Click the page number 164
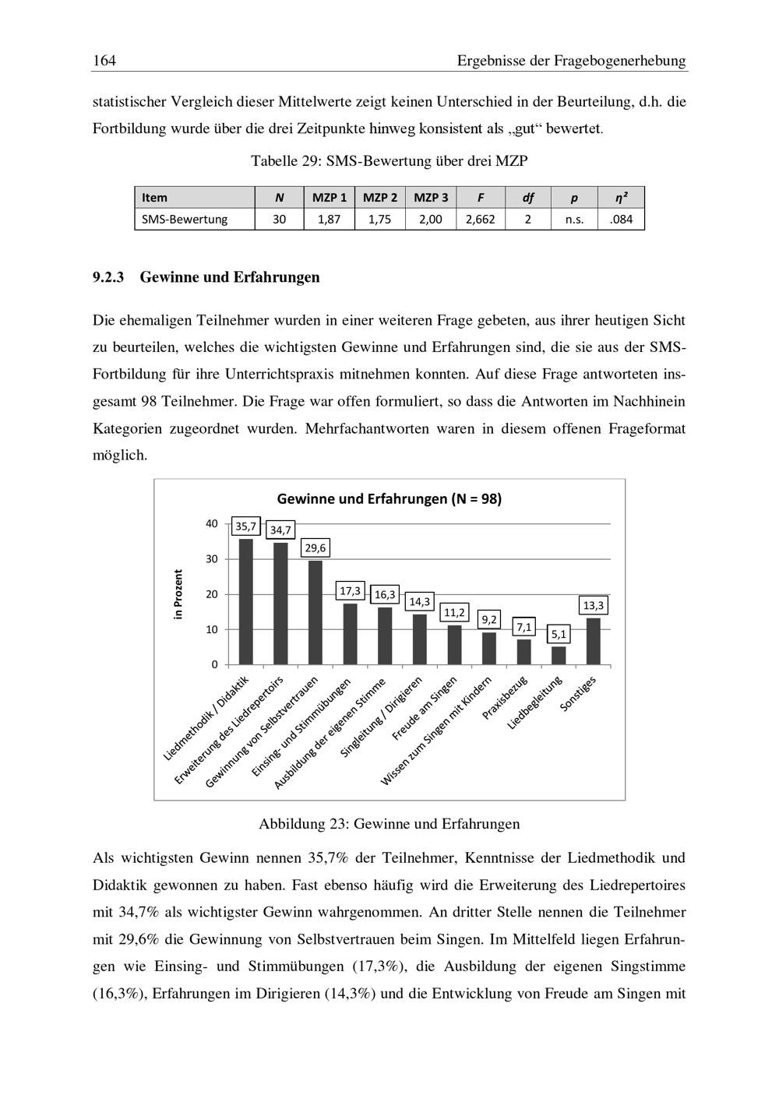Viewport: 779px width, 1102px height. (104, 61)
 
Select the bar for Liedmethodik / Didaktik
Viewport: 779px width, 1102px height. (245, 601)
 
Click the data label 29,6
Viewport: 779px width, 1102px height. (315, 548)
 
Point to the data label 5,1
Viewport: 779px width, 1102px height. (558, 635)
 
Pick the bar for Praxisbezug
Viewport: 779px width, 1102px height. (523, 652)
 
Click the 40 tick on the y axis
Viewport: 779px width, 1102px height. (212, 523)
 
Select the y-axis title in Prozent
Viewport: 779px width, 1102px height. (178, 594)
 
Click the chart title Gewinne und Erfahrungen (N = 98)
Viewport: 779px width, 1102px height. (389, 499)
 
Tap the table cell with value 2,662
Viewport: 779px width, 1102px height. (480, 220)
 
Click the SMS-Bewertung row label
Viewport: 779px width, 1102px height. (185, 220)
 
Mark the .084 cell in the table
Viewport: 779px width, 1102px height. (621, 220)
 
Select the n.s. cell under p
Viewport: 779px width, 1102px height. (573, 220)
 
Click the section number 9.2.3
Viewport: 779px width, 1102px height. (109, 277)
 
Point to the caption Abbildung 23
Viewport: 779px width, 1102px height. (389, 823)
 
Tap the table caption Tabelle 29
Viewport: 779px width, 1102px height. (389, 161)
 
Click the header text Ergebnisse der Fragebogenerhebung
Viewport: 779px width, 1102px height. (571, 61)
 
